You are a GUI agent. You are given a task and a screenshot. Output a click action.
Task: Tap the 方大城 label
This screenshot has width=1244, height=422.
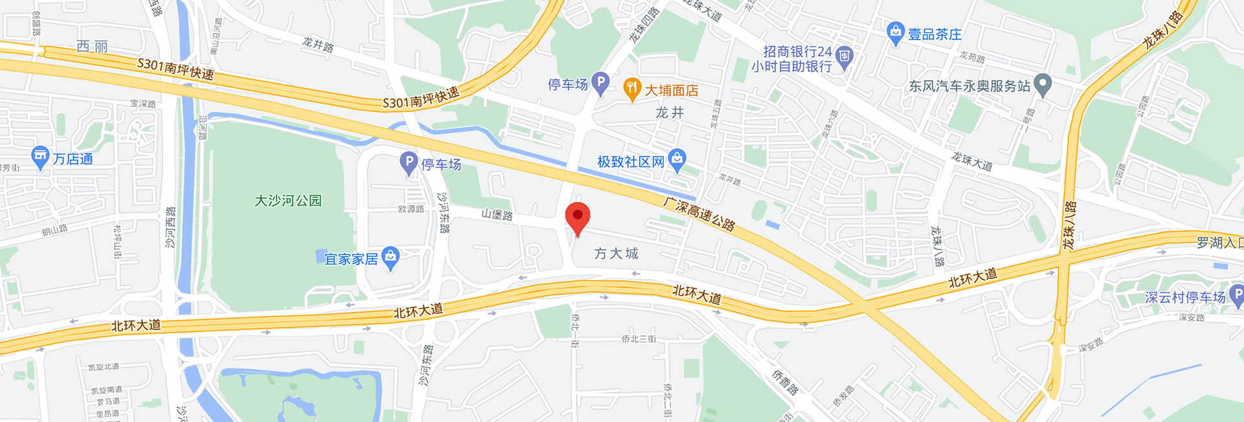pos(616,254)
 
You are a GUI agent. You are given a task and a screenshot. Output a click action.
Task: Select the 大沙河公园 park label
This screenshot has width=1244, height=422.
pos(288,201)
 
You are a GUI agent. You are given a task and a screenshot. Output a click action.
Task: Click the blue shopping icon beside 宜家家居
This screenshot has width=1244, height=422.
pos(390,258)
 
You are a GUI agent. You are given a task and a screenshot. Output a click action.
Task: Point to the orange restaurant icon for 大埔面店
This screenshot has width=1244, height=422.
pos(632,89)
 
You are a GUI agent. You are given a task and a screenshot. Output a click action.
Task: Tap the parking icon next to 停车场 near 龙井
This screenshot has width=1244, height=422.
pos(601,83)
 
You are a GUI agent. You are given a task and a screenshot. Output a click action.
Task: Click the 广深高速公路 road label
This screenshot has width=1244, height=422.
pos(699,214)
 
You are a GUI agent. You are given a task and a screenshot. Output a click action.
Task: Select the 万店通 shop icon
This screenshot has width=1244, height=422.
pos(40,157)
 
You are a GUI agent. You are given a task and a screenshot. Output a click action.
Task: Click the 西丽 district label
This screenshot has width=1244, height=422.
pos(92,47)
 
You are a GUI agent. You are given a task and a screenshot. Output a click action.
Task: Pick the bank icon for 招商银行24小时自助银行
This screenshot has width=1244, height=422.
pos(845,57)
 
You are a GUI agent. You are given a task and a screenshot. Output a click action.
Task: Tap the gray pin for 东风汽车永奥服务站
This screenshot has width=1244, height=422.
pos(1042,85)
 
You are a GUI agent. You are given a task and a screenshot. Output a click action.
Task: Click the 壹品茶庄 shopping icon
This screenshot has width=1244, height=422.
pos(895,33)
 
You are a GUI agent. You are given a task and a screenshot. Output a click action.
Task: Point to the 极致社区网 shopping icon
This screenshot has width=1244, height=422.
pos(677,160)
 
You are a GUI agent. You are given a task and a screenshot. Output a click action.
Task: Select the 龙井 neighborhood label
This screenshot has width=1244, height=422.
pos(669,113)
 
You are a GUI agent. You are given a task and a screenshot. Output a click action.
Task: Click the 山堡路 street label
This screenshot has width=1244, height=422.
pos(497,215)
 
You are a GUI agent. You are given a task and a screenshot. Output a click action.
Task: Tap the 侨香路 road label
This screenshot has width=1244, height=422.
pos(785,382)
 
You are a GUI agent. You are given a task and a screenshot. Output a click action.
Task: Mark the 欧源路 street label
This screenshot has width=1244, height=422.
pos(411,209)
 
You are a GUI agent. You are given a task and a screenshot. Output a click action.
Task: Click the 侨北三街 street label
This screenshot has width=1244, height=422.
pos(638,339)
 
